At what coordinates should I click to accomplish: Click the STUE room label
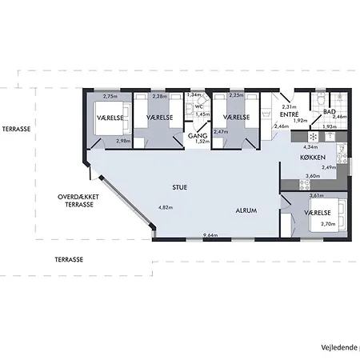tap(179, 188)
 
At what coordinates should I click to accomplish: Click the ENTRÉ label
tap(289, 114)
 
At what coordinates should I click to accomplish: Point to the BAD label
tap(329, 111)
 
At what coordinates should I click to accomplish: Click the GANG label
tap(198, 136)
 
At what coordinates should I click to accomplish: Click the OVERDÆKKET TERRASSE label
tap(79, 200)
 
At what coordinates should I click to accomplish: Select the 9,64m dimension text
tap(211, 235)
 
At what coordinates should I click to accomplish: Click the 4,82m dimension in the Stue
tap(165, 208)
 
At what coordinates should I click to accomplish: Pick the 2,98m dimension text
tap(123, 141)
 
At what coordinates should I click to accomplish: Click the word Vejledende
tap(339, 346)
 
